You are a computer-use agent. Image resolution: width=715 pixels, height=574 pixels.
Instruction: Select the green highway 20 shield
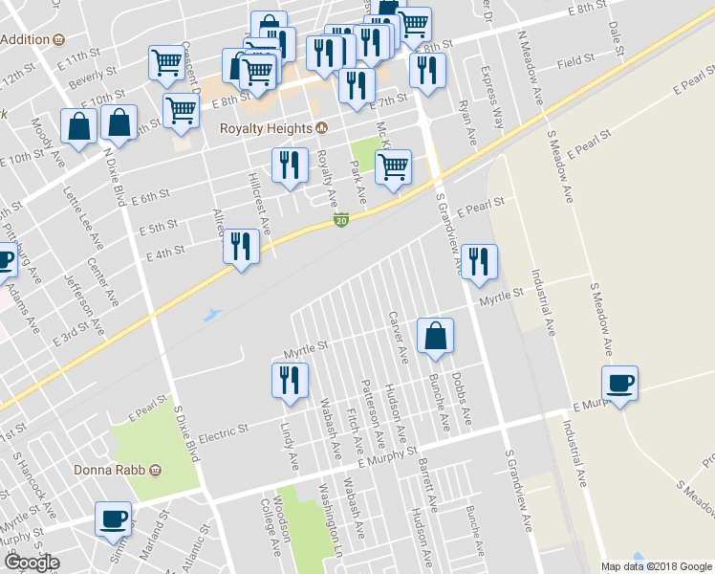coord(341,221)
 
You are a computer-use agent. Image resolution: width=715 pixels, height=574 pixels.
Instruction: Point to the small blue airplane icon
coord(213,313)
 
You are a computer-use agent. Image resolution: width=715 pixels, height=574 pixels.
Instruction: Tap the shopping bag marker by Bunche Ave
coord(435,337)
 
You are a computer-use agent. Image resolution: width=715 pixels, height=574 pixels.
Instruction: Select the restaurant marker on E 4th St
coord(241,248)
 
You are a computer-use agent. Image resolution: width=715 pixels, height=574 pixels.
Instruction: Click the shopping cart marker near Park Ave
coord(393,168)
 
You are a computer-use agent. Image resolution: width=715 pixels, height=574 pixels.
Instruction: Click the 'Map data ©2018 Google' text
coord(656,566)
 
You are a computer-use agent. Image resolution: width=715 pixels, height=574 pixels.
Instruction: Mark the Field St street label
coord(576,60)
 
